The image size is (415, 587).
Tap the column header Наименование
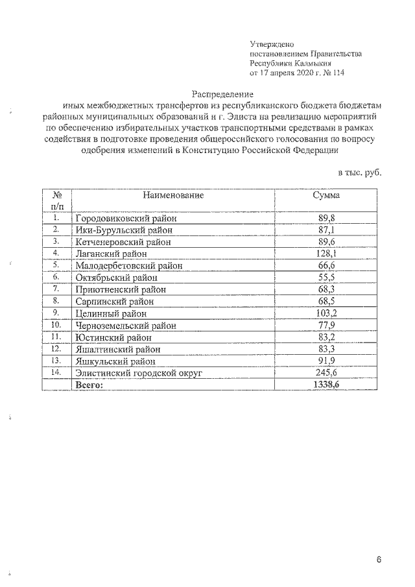click(x=174, y=194)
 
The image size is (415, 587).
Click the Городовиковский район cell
click(x=126, y=218)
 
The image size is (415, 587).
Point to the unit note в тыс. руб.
click(x=360, y=173)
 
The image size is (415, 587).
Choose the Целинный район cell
click(x=112, y=313)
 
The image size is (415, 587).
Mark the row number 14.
click(x=56, y=372)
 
